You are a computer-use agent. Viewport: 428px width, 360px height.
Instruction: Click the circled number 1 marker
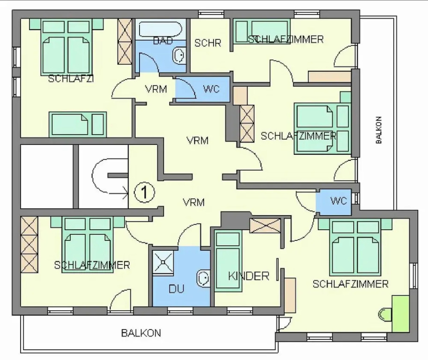click(144, 192)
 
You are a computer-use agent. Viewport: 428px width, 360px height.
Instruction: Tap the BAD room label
click(163, 41)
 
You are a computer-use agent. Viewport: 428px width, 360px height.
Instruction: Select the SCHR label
click(208, 43)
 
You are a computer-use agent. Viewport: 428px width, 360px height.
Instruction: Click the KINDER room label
click(248, 276)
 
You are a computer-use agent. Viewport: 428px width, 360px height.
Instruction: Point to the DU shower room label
click(177, 289)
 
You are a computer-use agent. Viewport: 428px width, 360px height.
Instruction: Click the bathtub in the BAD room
click(160, 29)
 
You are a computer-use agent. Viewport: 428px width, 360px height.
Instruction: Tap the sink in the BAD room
click(179, 55)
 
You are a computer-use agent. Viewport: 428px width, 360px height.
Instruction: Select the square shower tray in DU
click(163, 262)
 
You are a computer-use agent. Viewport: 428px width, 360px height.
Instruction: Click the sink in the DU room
click(203, 278)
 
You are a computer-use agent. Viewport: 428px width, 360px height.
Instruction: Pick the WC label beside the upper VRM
click(211, 89)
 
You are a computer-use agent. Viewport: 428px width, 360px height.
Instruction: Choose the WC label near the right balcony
click(339, 201)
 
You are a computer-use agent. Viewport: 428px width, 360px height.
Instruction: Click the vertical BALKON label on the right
click(378, 130)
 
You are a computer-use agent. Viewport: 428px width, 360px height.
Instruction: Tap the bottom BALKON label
click(141, 333)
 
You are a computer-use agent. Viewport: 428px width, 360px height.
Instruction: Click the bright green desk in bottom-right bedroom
click(400, 314)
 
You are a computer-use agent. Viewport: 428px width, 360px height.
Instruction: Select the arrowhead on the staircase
click(126, 193)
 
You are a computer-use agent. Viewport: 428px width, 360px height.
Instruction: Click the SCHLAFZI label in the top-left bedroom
click(71, 79)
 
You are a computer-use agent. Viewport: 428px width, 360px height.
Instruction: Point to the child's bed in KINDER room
click(228, 261)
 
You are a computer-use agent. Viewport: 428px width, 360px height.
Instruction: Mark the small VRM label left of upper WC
click(156, 89)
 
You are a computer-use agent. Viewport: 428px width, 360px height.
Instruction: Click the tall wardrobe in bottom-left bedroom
click(29, 245)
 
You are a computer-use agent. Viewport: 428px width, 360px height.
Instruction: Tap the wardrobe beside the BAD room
click(125, 42)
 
